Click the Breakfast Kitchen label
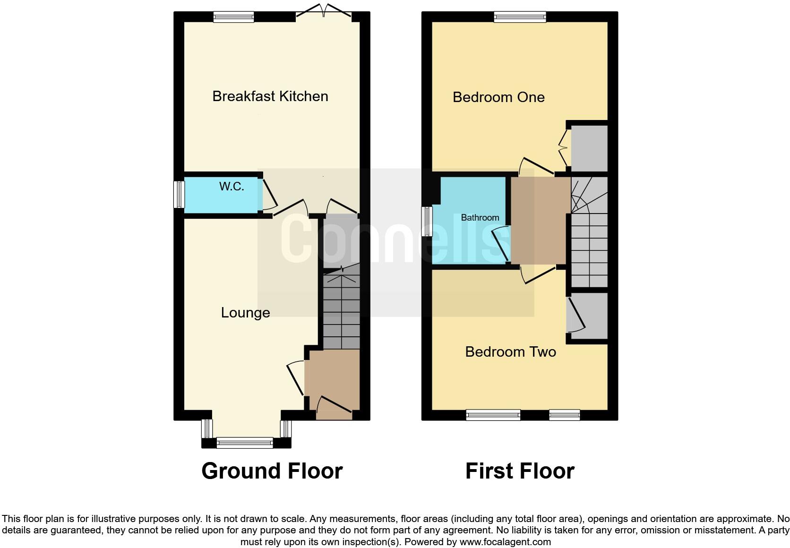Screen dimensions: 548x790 point(270,96)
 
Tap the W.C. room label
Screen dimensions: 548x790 point(232,187)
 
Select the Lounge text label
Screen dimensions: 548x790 point(245,313)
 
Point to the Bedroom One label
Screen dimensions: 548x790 point(498,97)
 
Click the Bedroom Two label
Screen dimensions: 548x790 point(510,352)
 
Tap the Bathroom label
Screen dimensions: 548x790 point(480,218)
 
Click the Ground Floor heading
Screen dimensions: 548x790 point(272,471)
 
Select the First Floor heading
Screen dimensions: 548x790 point(520,471)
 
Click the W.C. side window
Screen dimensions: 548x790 point(179,194)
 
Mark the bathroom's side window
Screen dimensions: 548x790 point(427,221)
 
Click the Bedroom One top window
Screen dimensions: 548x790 point(520,17)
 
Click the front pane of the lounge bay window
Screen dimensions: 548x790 point(245,443)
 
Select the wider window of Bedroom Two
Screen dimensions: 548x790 point(493,415)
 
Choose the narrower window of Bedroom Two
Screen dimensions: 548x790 point(564,415)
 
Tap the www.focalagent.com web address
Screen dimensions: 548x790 point(505,542)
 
